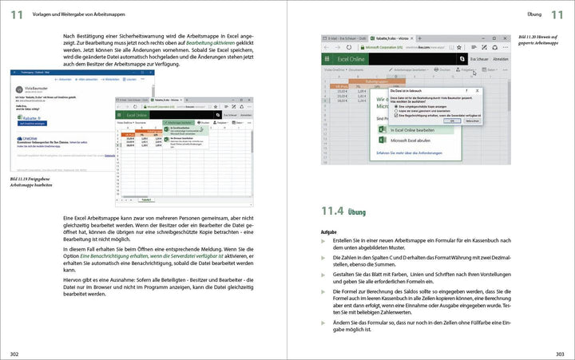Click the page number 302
[14, 354]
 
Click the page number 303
[560, 354]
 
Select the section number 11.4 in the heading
[331, 212]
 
